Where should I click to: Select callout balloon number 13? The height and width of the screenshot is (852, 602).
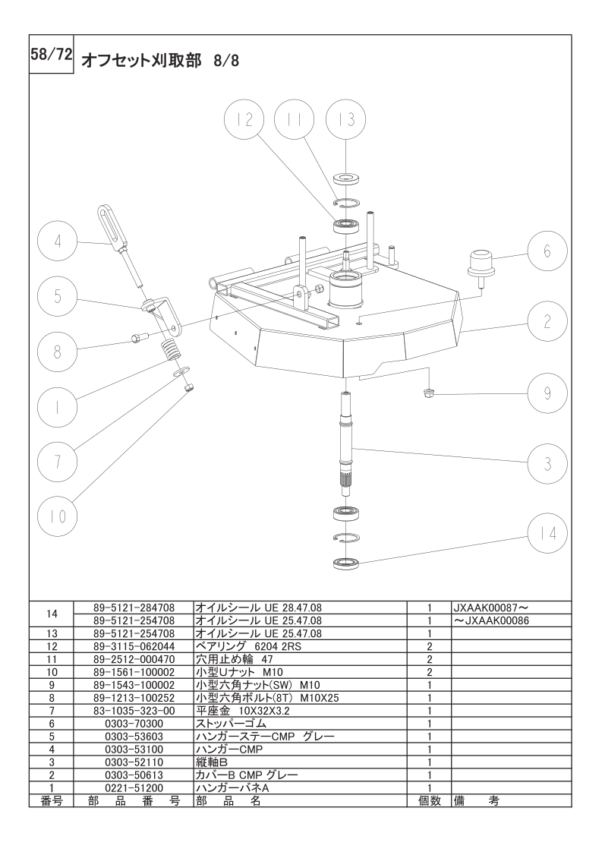tap(345, 121)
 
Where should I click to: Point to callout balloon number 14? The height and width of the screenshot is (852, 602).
tap(547, 533)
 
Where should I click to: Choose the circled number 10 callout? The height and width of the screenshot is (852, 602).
tap(58, 516)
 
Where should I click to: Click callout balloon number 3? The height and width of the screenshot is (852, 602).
tap(547, 462)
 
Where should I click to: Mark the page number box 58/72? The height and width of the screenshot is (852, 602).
tap(50, 55)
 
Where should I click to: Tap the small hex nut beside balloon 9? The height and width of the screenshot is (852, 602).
tap(428, 392)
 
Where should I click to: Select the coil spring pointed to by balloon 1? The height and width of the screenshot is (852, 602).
tap(173, 352)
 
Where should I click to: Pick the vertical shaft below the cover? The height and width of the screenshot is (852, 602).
tap(348, 440)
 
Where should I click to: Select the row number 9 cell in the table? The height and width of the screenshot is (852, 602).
tap(52, 685)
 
